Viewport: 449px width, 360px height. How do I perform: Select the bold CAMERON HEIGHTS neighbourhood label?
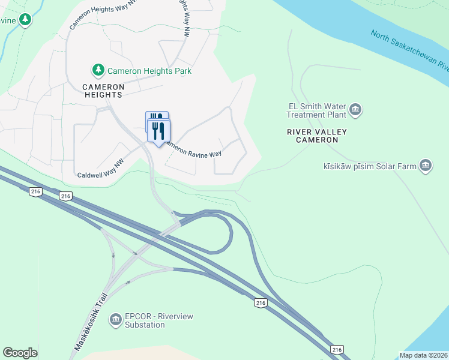point(103,91)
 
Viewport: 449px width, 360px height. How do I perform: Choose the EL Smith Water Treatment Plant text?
point(317,110)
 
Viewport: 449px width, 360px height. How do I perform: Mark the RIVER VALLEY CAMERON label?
point(317,136)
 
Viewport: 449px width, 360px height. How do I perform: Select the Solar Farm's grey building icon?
point(426,165)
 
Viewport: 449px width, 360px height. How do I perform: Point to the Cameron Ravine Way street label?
point(193,150)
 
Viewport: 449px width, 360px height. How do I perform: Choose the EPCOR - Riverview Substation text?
point(153,320)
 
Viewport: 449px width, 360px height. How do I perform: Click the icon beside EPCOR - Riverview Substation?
point(115,320)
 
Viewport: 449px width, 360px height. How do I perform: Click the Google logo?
point(20,353)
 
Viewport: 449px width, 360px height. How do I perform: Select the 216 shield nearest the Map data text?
point(337,350)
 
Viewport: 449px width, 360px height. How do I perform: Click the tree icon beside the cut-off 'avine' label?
point(25,20)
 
